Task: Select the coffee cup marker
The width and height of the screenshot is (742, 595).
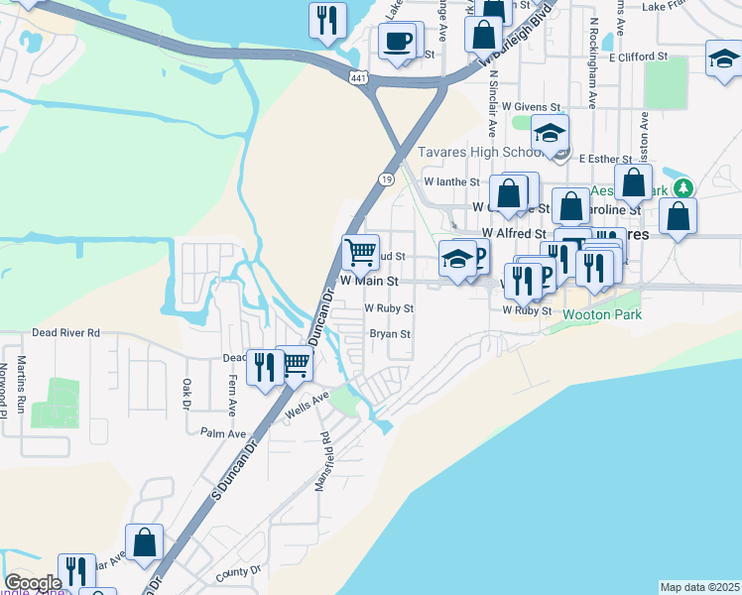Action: click(x=399, y=42)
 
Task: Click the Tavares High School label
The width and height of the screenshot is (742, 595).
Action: click(x=478, y=152)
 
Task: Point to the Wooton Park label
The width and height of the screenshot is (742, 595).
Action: click(x=602, y=314)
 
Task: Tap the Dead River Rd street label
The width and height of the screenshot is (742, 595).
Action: click(x=66, y=333)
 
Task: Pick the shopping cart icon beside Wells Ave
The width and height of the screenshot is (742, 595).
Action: click(x=296, y=365)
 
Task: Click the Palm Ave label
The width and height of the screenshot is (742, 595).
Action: click(x=222, y=433)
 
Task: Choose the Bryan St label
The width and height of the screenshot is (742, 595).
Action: click(x=390, y=334)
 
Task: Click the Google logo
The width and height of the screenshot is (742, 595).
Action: click(x=33, y=583)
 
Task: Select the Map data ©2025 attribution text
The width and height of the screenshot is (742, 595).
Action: click(x=699, y=587)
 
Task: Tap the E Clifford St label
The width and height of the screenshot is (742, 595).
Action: click(x=639, y=58)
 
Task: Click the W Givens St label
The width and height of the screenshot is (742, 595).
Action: click(x=532, y=105)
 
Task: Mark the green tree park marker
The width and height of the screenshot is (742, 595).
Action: click(x=681, y=188)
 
